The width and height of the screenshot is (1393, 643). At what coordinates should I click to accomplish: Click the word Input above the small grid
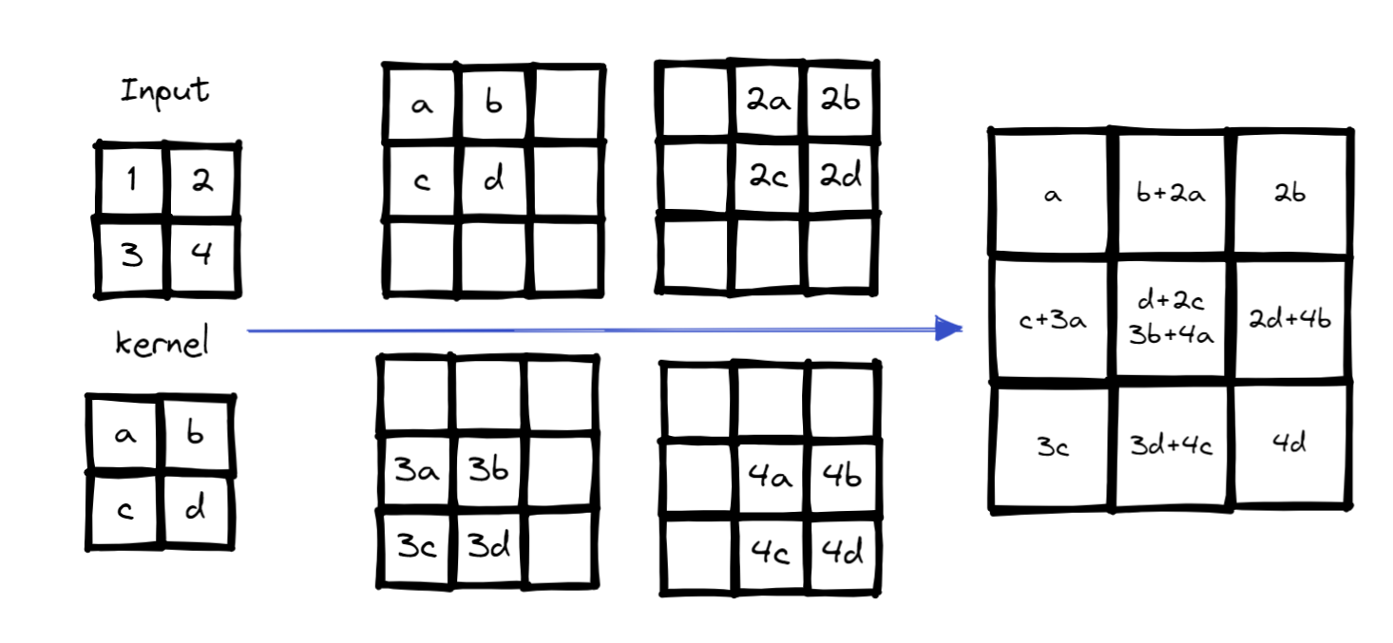165,92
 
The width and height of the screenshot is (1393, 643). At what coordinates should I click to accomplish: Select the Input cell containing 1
132,180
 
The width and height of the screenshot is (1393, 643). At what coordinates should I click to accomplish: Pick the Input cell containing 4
201,255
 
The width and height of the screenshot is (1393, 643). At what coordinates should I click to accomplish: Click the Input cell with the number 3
132,255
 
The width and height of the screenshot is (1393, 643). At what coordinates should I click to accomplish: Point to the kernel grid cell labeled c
125,510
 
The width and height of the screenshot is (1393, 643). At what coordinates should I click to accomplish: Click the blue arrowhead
948,329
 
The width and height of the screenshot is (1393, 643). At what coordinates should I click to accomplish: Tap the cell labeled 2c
769,178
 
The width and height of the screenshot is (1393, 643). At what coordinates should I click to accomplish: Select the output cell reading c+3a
1052,320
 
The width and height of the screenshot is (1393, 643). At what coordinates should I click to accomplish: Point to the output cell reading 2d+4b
1291,320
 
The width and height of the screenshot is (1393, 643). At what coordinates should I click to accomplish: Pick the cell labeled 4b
842,477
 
